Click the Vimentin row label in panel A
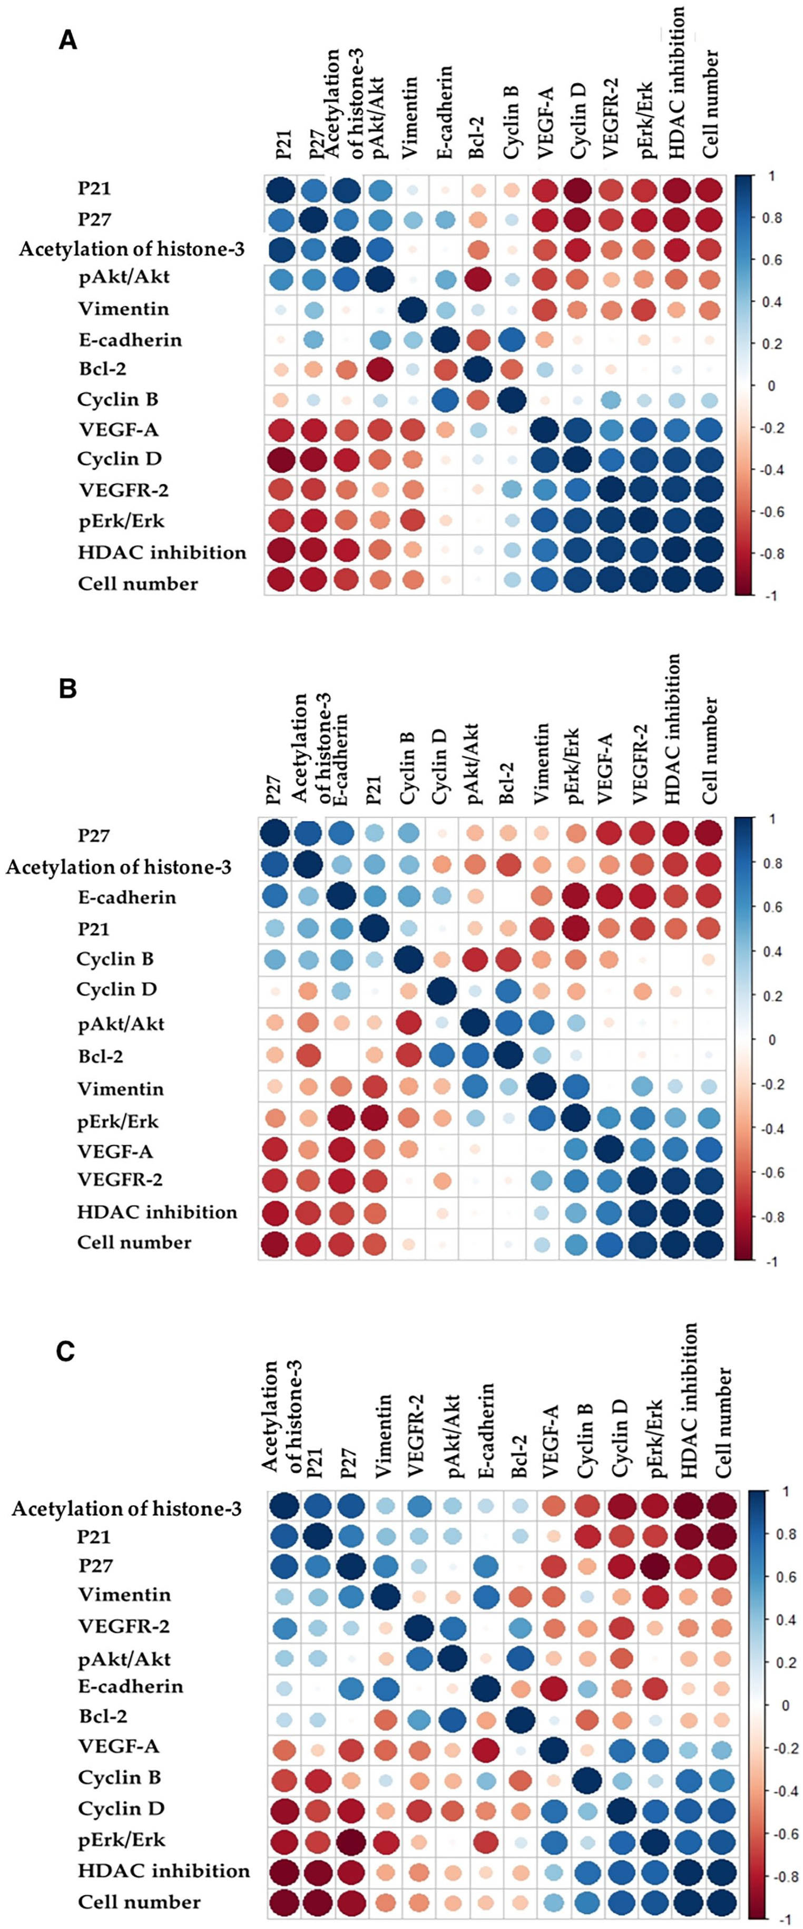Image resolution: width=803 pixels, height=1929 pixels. (123, 308)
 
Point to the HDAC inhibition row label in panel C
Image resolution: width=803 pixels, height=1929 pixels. (164, 1870)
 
